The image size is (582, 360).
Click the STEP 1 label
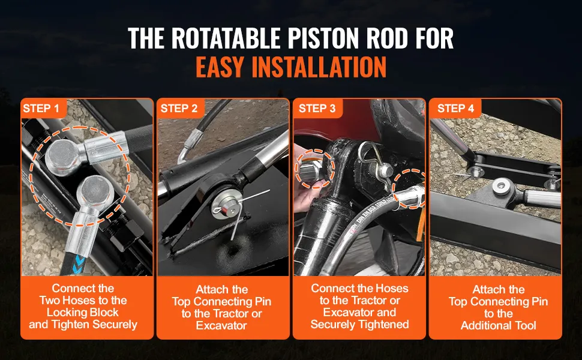click(41, 109)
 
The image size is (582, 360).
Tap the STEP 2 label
click(179, 109)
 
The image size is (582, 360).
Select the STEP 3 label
click(317, 109)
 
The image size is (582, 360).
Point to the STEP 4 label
click(456, 109)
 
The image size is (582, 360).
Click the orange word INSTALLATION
click(319, 67)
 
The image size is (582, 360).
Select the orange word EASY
click(220, 67)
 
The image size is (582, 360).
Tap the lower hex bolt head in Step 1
click(95, 192)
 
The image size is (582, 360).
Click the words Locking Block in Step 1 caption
click(83, 313)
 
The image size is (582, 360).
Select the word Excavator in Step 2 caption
click(221, 325)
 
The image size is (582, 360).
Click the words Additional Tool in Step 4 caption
click(498, 325)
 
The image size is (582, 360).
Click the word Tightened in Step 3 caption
click(385, 325)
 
